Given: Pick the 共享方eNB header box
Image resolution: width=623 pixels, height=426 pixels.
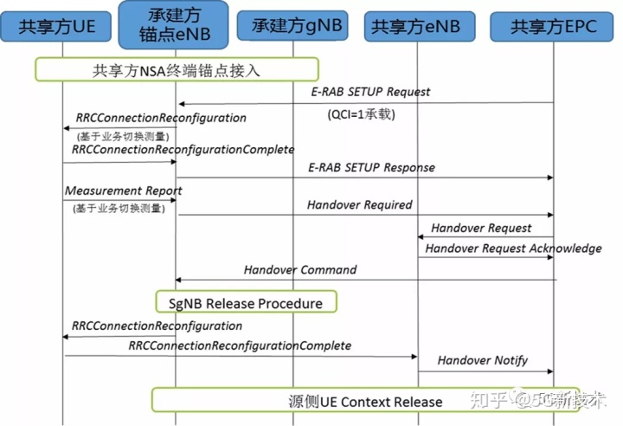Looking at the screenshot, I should coord(418,27).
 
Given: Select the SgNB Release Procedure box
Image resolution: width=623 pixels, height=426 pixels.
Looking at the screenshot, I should coord(245,303).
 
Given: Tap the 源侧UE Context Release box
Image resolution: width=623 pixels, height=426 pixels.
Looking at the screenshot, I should coord(365,402).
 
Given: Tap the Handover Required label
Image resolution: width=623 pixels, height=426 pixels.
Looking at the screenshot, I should coord(359,205).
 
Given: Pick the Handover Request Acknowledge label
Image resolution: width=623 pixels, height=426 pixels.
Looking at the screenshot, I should coord(513,248).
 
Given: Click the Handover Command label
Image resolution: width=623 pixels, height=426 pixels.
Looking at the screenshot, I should coord(299,269).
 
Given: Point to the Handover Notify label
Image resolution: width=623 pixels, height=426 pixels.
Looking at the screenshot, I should coord(482,360).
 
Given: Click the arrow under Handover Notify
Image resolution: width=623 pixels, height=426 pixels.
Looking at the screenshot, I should coord(485,372).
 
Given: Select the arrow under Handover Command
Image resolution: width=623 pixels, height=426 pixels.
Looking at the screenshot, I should coord(364,280).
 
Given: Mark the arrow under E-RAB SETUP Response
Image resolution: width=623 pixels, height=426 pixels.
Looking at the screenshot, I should coord(364,178).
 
